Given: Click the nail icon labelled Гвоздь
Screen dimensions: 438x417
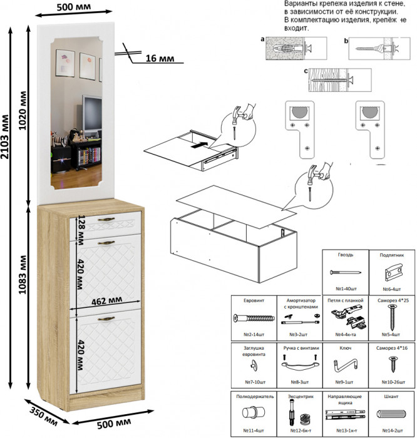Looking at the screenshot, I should click(345, 273).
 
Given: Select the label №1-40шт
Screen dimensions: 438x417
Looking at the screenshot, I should click(345, 289).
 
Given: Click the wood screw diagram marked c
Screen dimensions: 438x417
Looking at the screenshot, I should click(338, 79).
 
